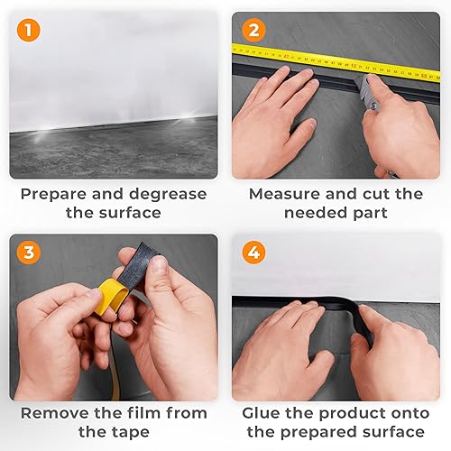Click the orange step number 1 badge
coord(28,31)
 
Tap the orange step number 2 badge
coord(254,31)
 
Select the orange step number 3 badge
coord(28,252)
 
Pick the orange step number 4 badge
coord(254,252)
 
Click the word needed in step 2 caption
coord(316,213)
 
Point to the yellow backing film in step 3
coord(110,296)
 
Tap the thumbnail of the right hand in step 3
coord(159,265)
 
